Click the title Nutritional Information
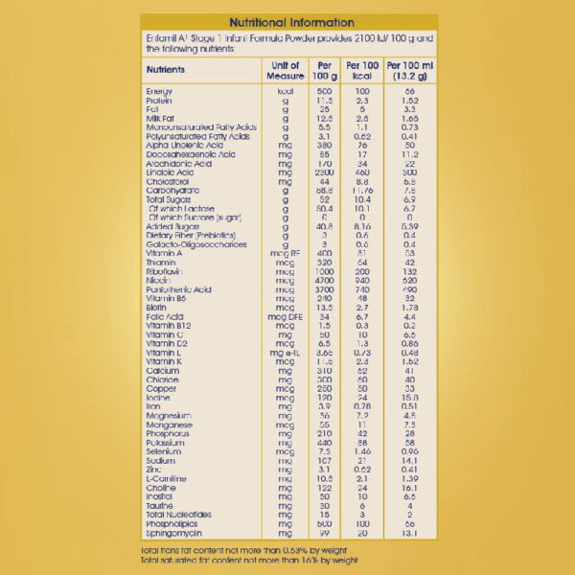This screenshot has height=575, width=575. click(x=288, y=22)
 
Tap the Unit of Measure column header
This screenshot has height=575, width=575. click(x=286, y=71)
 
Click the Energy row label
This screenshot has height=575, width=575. click(x=158, y=91)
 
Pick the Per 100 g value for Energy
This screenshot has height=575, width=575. click(x=324, y=91)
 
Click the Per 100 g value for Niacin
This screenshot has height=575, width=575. click(x=324, y=281)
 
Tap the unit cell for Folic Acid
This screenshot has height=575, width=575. click(x=286, y=316)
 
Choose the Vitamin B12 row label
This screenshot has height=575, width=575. click(x=167, y=326)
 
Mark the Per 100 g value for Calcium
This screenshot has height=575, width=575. click(x=324, y=371)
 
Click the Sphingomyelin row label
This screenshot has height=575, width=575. click(x=172, y=533)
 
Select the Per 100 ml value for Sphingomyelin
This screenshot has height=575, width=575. click(x=409, y=533)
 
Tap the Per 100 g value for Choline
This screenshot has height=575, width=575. click(x=324, y=488)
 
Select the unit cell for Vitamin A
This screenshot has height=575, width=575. click(x=286, y=253)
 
